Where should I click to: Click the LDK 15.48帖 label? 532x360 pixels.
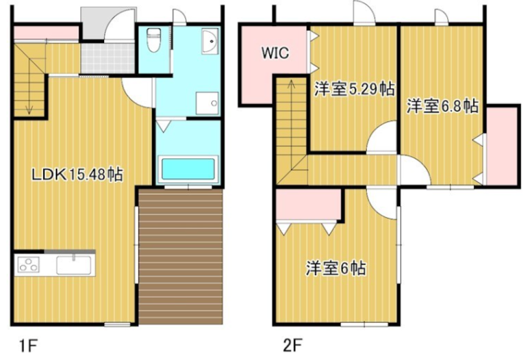click(76, 175)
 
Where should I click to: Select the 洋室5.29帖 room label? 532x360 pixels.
click(355, 89)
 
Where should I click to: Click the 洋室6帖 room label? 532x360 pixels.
click(336, 269)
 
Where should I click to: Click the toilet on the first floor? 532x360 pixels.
click(153, 40)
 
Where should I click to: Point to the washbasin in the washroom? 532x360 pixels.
click(210, 41)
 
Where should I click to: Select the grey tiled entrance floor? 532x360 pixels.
click(108, 57)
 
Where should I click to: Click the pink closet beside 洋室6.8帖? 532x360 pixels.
click(501, 145)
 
